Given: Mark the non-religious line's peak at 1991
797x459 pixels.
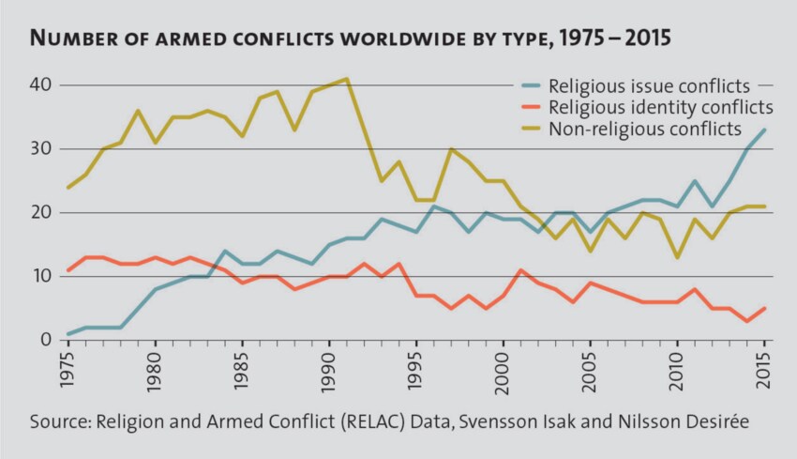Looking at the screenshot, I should [x=348, y=79].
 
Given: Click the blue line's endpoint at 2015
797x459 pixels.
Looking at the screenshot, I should [x=765, y=130].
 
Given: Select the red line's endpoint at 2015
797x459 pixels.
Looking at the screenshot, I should [x=765, y=308].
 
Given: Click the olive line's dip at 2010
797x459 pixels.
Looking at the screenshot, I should [x=678, y=256].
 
